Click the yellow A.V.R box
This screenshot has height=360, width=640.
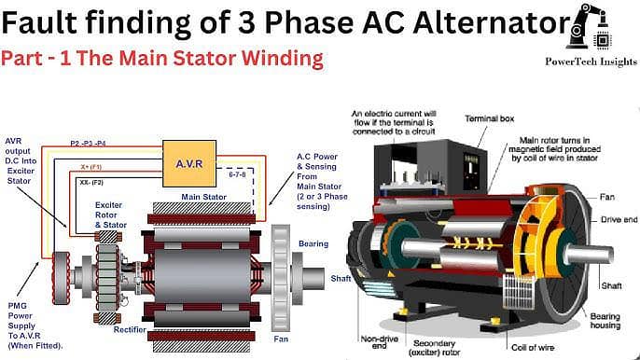tap(189, 163)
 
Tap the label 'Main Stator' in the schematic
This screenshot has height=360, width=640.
tap(203, 197)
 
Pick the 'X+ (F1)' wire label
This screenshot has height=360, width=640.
tap(90, 166)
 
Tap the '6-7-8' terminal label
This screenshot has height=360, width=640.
tap(238, 173)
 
